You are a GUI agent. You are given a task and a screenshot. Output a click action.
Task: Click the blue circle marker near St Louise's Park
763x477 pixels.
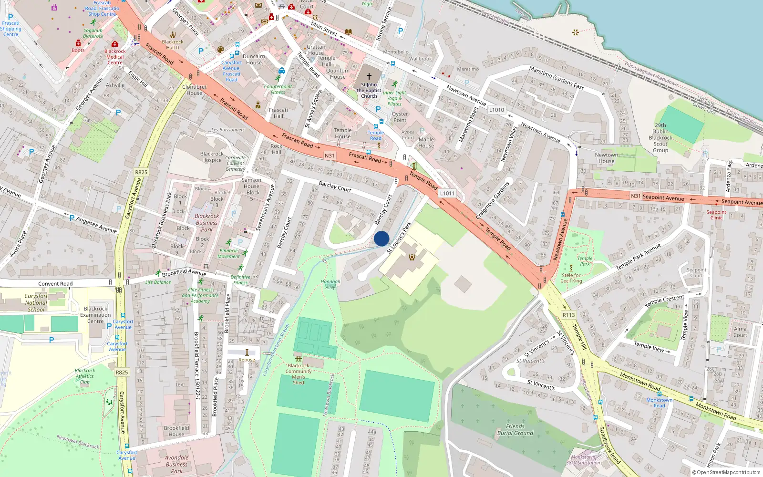(381, 238)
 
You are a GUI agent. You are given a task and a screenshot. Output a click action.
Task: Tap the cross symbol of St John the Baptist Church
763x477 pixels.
(369, 76)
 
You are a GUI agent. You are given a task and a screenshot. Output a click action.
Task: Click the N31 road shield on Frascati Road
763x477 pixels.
(330, 156)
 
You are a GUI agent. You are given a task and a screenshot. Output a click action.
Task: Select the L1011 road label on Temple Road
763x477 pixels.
(447, 193)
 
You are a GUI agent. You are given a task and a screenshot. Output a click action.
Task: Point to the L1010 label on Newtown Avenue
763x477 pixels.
(496, 110)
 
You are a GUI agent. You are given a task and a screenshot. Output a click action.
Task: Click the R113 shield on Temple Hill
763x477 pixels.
(568, 315)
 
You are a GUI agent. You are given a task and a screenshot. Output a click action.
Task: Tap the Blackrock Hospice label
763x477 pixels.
(212, 157)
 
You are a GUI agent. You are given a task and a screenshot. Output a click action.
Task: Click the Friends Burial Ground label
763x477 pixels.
(515, 430)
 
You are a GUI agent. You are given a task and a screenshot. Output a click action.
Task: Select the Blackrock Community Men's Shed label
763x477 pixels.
(299, 374)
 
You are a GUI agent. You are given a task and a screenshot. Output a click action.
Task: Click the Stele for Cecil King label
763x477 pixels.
(571, 278)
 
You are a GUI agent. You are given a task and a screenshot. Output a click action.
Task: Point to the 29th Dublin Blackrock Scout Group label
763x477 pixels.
(660, 138)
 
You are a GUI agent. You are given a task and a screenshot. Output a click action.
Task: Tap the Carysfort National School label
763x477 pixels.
(36, 302)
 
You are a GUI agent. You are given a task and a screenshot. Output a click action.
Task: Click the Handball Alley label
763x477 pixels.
(330, 284)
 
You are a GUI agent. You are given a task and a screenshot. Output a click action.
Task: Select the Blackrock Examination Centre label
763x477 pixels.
(95, 315)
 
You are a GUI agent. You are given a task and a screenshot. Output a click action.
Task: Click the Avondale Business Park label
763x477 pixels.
(176, 464)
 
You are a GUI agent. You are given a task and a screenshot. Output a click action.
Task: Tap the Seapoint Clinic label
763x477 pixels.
(716, 215)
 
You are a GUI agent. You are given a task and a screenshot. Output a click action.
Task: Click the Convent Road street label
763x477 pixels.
(55, 283)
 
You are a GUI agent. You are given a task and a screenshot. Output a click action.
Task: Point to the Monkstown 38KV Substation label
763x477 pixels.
(583, 460)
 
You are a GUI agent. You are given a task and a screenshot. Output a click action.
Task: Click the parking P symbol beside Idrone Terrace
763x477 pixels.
(400, 31)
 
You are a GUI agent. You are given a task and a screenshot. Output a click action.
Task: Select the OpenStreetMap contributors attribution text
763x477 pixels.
(726, 472)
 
